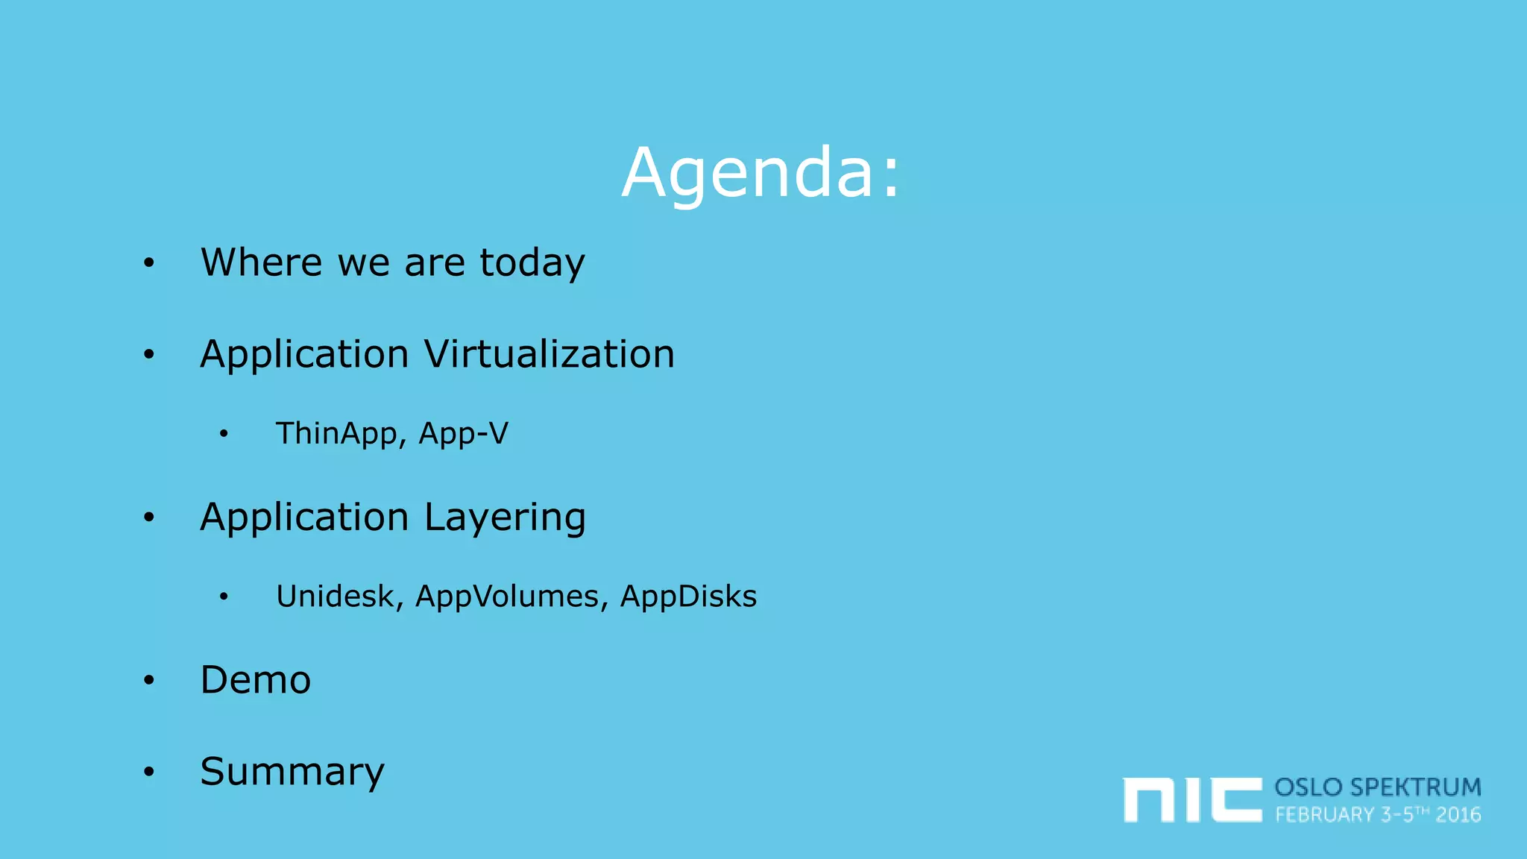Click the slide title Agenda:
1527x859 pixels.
point(761,173)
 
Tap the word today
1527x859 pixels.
point(532,264)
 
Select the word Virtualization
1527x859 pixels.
point(550,354)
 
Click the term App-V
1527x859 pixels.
point(463,434)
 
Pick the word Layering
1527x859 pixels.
point(505,518)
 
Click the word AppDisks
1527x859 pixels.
point(688,597)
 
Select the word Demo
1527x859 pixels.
point(256,680)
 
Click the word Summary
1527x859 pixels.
point(292,772)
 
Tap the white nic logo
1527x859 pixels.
point(1191,799)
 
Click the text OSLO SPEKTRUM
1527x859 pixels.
point(1377,787)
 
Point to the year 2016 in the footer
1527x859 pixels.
point(1458,815)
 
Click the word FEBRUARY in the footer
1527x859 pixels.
point(1324,815)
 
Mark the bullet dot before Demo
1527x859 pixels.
point(149,680)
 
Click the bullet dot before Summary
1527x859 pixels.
point(149,772)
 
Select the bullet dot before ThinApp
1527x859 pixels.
point(224,434)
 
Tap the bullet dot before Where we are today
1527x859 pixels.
point(149,262)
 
